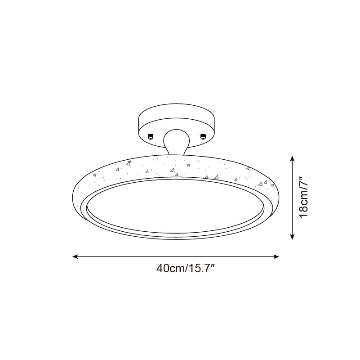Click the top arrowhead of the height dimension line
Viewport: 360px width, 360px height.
click(293, 158)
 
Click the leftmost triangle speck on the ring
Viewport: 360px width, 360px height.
click(94, 176)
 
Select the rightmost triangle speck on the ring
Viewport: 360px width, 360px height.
click(272, 185)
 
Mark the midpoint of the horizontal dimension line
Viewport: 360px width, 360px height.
click(176, 257)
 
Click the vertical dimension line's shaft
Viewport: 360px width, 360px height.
click(293, 198)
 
